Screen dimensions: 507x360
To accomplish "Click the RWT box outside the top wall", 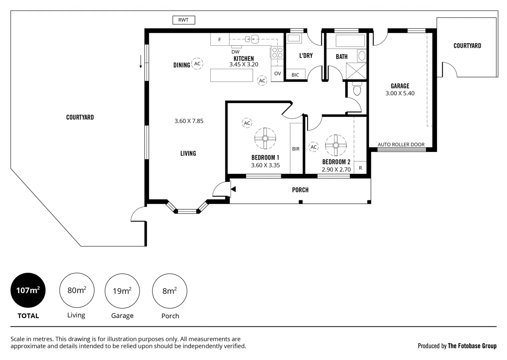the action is pos(183,20).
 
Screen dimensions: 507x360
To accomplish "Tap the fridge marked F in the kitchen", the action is pos(219,39).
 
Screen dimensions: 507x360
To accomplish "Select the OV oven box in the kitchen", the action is pos(278,73).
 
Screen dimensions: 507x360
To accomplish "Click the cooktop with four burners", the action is pos(277,52).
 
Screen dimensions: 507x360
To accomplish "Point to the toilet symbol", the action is pos(357,88).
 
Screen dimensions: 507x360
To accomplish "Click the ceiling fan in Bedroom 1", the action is pos(265,138).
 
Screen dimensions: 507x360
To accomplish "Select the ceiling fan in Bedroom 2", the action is pos(336,145).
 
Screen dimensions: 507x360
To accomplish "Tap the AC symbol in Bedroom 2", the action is pos(314,147).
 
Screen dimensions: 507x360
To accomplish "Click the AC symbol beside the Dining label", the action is pos(197,64).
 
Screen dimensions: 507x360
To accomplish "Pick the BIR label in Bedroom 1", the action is pos(296,149).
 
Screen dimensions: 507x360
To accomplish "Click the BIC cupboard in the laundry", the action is pos(295,74).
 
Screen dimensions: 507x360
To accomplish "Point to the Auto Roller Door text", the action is pos(401,144).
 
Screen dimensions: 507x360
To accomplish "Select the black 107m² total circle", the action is pos(28,290).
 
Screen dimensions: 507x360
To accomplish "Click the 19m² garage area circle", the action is pos(122,291).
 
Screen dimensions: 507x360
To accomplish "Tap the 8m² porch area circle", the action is pos(170,291).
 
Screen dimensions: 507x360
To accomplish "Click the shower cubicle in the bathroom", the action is pos(356,71).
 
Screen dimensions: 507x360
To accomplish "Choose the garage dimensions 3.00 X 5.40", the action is pos(400,93).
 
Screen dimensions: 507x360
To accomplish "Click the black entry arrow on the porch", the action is pos(233,189).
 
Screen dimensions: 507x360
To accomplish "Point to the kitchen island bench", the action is pos(231,75).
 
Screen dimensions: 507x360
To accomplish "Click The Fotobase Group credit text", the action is pos(472,346).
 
